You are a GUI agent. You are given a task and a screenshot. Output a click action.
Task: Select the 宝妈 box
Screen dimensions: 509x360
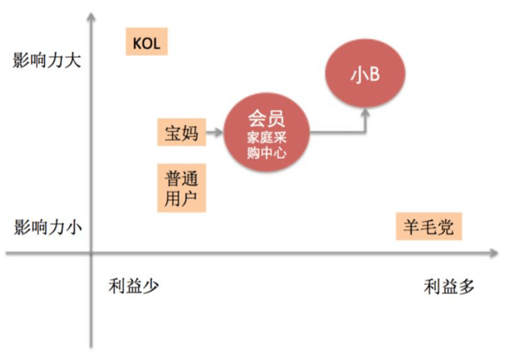coord(182,132)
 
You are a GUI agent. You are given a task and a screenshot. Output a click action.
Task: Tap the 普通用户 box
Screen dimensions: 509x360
coord(182,188)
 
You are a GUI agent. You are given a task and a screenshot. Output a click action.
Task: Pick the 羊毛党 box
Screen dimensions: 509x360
coord(429,227)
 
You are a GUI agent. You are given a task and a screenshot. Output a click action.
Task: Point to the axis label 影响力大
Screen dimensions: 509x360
coord(47,60)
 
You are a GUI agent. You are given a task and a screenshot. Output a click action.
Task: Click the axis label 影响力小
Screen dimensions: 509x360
coord(47,227)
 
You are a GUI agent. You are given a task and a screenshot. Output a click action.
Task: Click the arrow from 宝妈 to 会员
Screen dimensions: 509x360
coord(214,133)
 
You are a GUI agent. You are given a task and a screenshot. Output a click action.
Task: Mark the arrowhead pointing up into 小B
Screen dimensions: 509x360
coord(365,114)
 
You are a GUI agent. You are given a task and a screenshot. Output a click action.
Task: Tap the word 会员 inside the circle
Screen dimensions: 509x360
coord(266,118)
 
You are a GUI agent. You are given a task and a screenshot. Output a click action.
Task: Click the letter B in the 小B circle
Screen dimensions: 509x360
coord(374,75)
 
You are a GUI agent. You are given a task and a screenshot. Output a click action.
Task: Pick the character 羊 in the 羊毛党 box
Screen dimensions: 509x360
coord(412,227)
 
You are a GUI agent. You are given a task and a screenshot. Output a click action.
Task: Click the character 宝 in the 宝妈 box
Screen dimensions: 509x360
coord(173,132)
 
